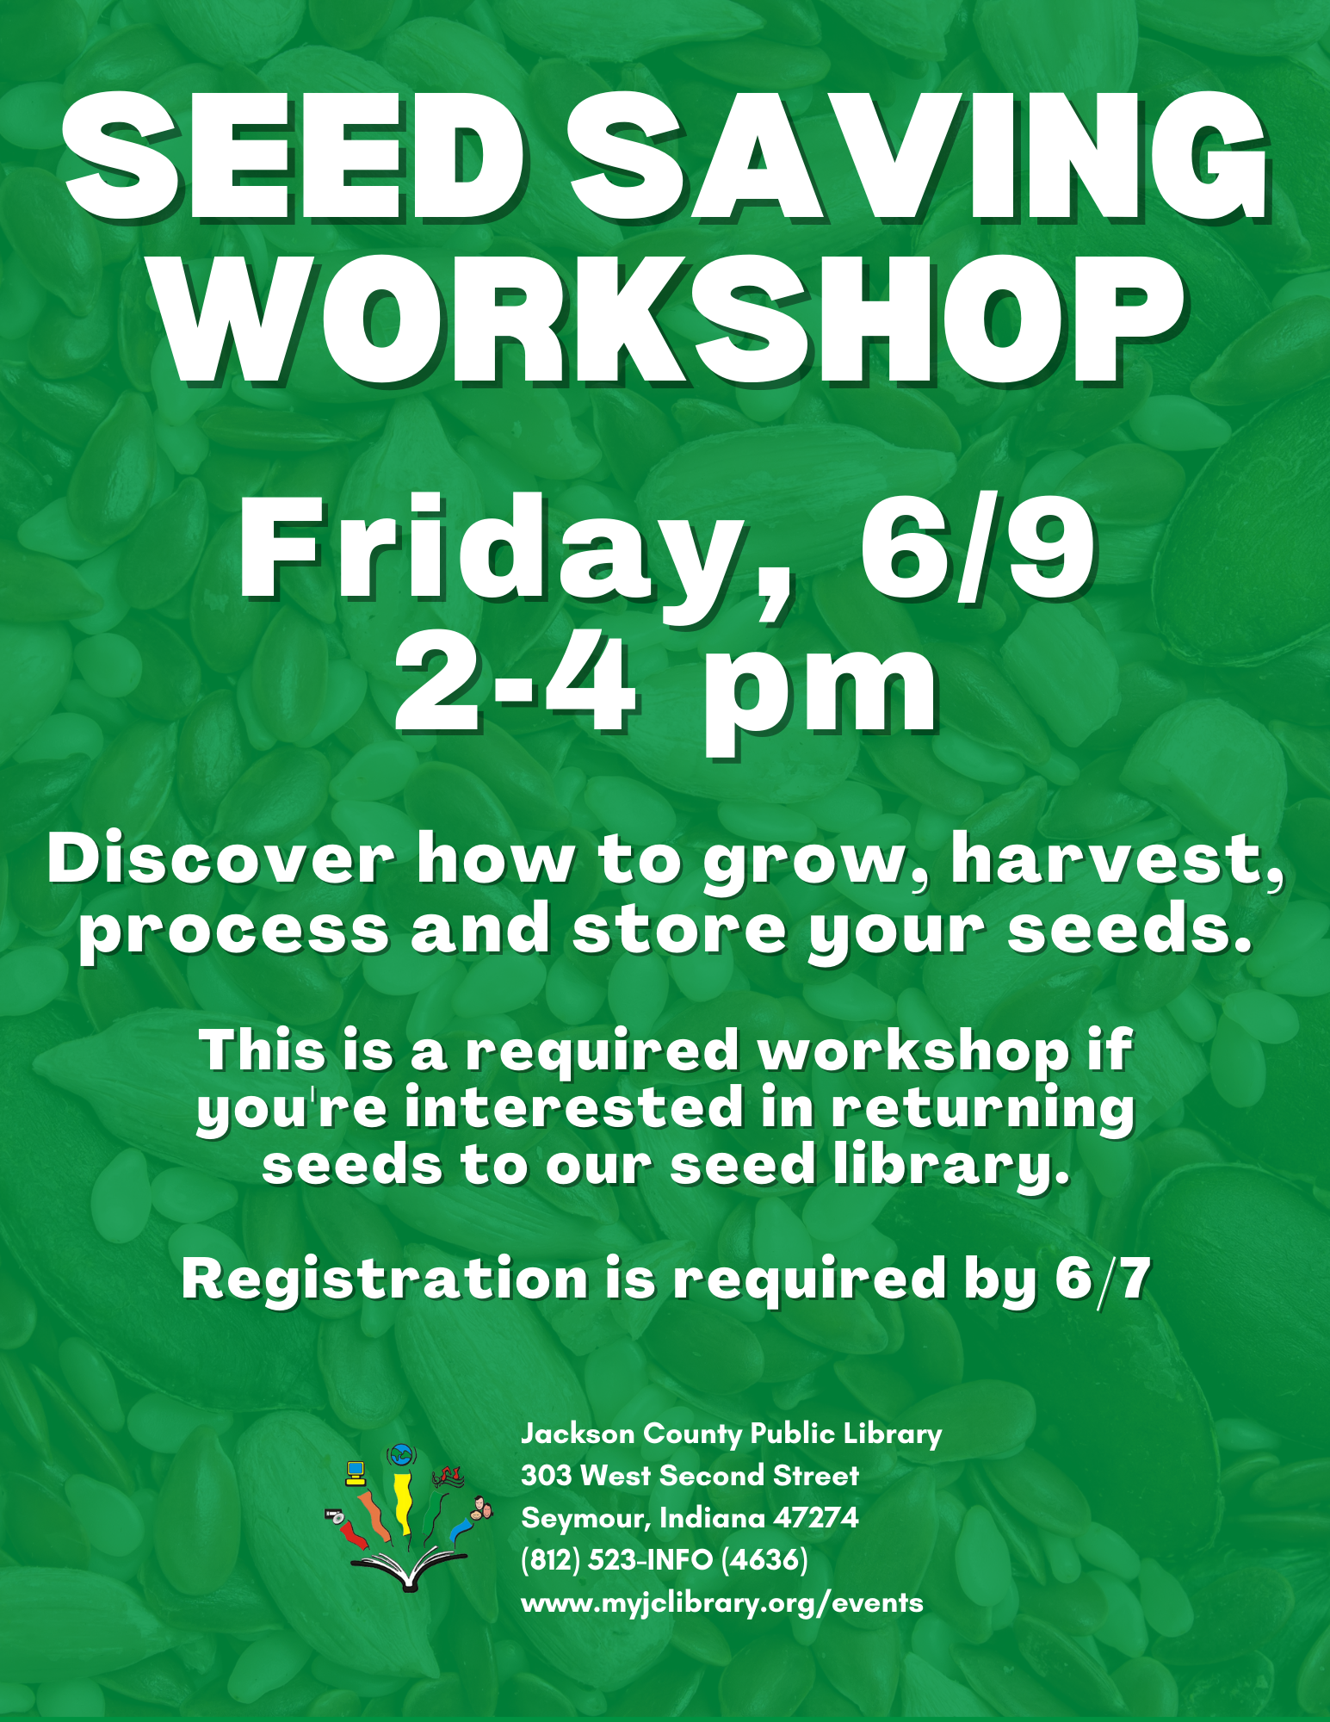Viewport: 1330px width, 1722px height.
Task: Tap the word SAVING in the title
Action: pos(919,155)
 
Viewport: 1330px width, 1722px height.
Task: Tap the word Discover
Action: pos(221,858)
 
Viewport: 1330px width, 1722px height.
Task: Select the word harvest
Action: pos(1117,861)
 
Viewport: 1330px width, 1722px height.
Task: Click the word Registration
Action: pos(384,1278)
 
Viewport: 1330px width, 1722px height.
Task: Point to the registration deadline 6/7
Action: pos(1103,1278)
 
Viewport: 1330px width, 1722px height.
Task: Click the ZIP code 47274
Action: pos(816,1517)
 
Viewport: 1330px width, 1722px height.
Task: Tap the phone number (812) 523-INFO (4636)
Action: pos(665,1559)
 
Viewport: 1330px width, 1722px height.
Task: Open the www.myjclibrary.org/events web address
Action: pos(722,1602)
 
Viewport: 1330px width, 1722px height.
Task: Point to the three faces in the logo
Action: pos(481,1508)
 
